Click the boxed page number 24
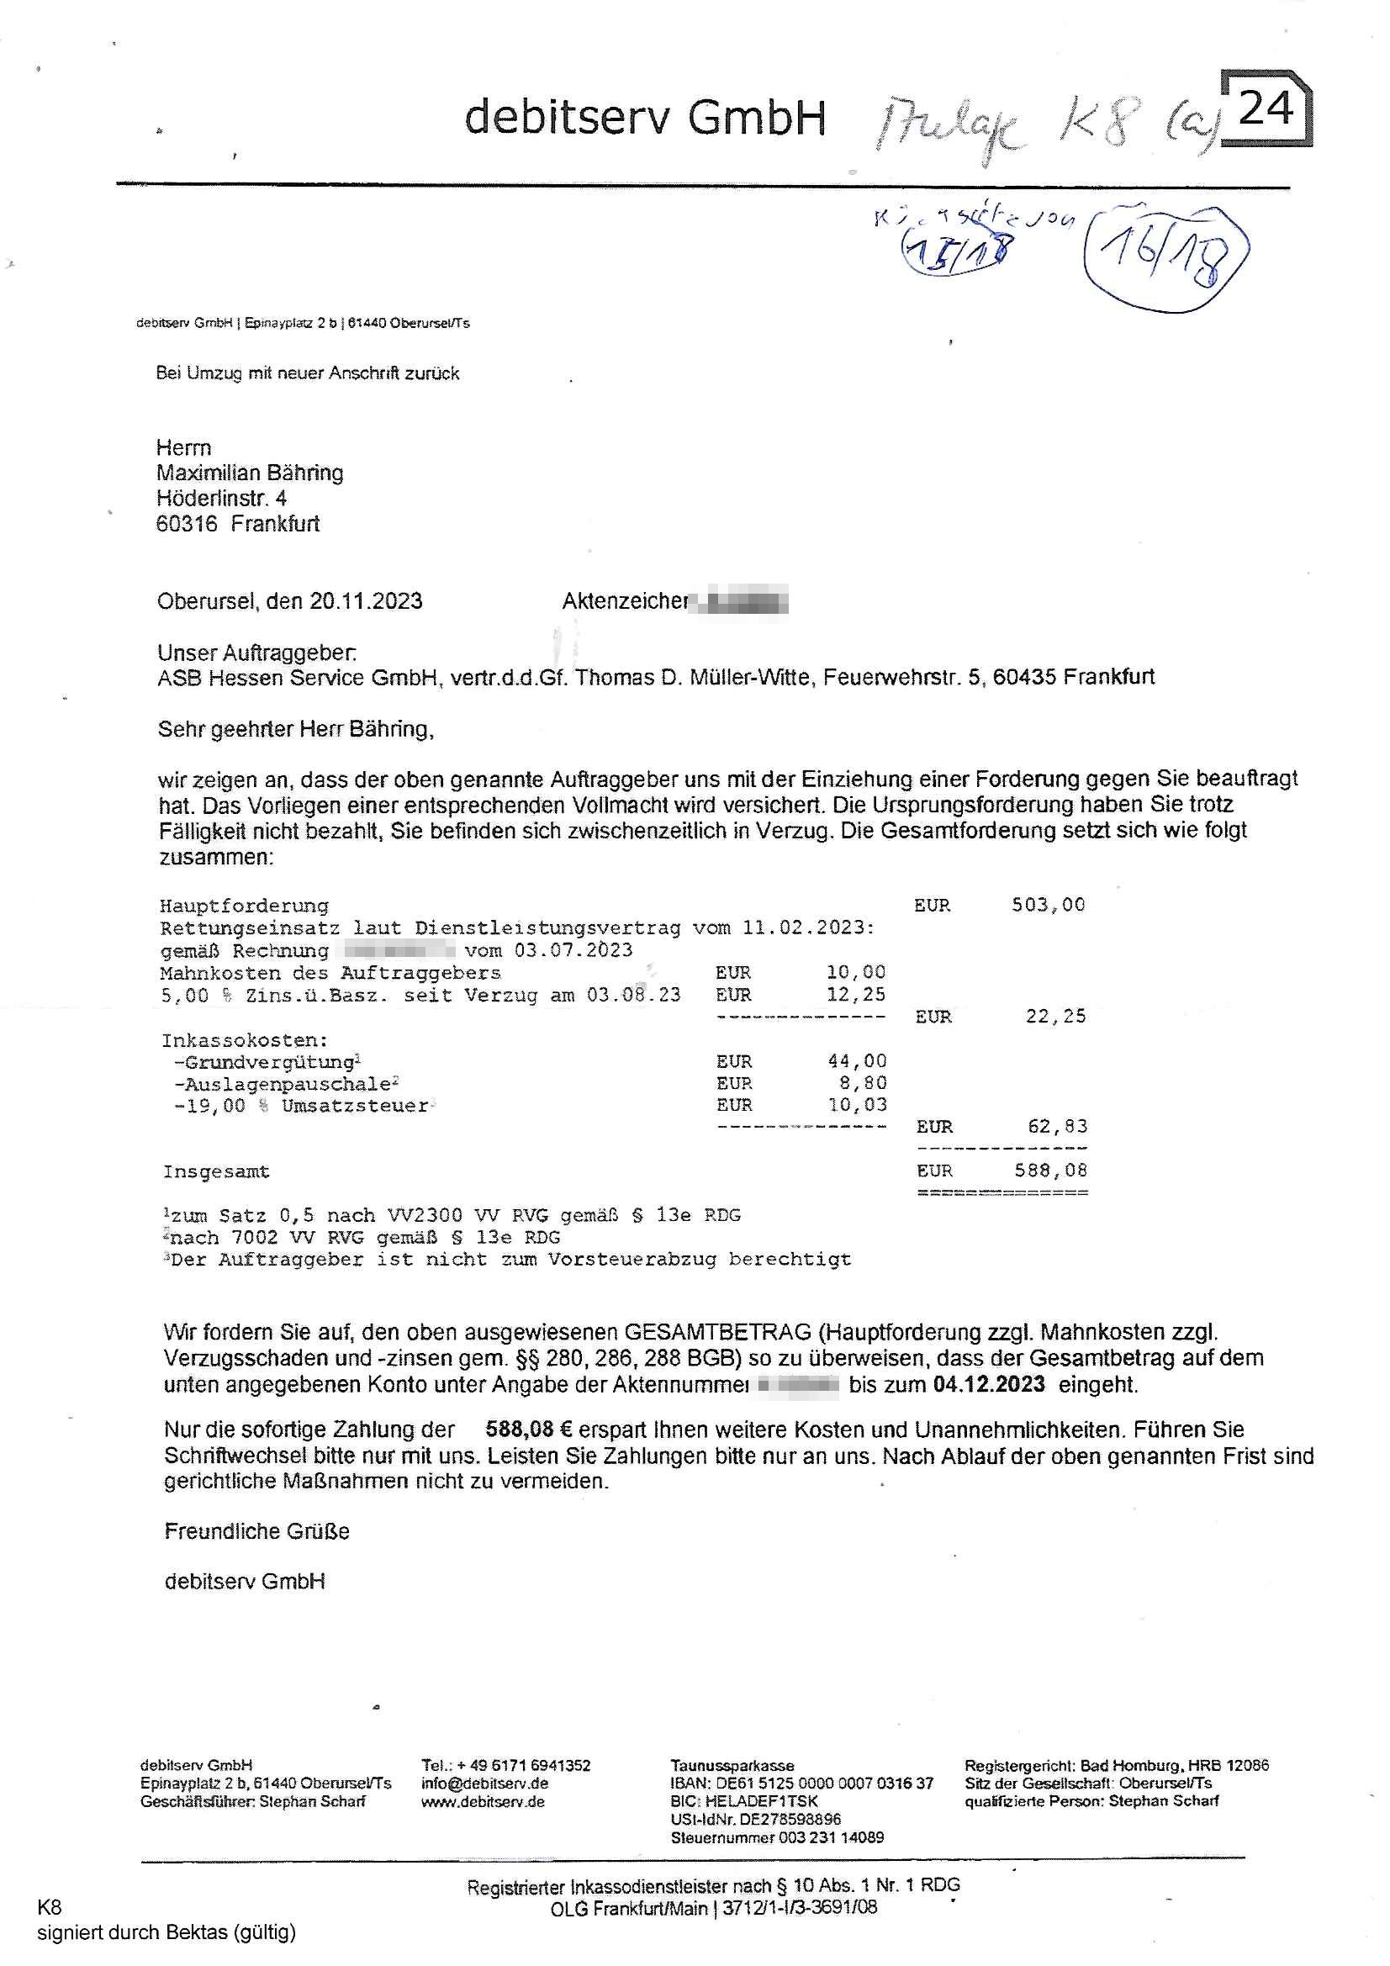1265,108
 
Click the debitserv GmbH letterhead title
644,118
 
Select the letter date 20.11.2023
366,601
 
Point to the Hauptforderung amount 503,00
1048,905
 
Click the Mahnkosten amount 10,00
855,972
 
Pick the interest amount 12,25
855,994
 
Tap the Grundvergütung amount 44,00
856,1061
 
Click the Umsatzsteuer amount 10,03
856,1105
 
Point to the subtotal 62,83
1056,1127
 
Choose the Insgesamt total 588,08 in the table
1050,1171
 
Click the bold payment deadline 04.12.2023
988,1385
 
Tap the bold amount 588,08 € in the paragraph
528,1430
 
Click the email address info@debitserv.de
484,1783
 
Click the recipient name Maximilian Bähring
249,473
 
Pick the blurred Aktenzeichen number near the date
742,601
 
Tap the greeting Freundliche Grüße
257,1531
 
